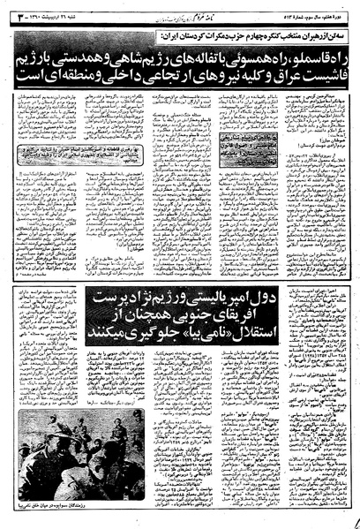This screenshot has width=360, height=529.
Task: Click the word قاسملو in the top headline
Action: coord(308,61)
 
